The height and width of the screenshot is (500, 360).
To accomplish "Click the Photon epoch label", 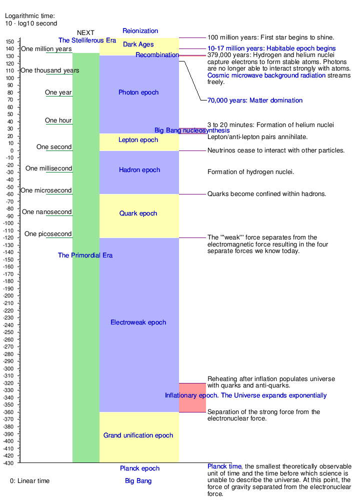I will [x=138, y=92].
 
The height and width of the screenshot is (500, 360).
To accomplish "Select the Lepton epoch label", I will [x=138, y=140].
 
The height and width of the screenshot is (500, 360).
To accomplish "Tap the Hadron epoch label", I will [x=139, y=170].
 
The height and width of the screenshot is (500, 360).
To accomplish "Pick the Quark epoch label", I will [x=138, y=213].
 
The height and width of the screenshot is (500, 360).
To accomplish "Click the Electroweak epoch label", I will [x=138, y=322].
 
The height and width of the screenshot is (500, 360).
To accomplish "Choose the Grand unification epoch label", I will [x=138, y=435].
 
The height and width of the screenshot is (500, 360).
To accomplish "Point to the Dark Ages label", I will [x=138, y=44].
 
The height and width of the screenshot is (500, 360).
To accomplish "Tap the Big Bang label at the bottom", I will [x=138, y=481].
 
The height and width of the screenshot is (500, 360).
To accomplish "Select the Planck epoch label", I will [x=140, y=468].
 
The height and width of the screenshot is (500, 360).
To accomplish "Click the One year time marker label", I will [x=58, y=92].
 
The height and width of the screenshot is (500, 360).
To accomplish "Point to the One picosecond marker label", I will [x=48, y=234].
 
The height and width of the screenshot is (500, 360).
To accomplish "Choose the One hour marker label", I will [x=58, y=120].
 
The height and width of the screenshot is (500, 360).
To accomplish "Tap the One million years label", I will [x=46, y=49].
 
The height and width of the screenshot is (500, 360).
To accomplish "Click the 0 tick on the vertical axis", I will [x=10, y=150].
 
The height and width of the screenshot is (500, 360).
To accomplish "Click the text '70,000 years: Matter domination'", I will [x=255, y=100].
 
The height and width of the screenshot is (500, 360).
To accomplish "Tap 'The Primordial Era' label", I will [x=85, y=255].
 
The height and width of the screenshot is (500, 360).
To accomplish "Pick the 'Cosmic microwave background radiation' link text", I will [x=266, y=75].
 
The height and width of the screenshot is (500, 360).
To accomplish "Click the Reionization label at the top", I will [x=140, y=31].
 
